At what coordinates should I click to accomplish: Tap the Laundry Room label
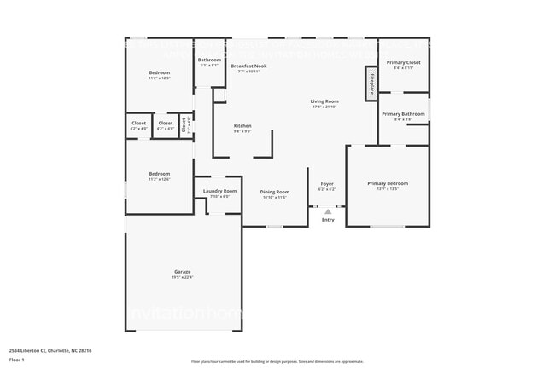(x=219, y=191)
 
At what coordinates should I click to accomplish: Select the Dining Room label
(x=275, y=192)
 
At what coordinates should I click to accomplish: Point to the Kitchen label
(x=242, y=126)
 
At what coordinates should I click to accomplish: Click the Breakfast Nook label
(x=248, y=66)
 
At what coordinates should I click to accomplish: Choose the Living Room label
(x=324, y=101)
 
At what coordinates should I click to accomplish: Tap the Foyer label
(x=327, y=183)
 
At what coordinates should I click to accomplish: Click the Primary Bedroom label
(x=388, y=183)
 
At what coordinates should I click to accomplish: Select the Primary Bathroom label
(x=403, y=114)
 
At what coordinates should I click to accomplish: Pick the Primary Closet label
(x=403, y=62)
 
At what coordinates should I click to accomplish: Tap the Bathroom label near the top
(x=210, y=60)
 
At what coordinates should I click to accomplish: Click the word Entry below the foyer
(x=328, y=220)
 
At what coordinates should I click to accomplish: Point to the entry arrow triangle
(x=328, y=210)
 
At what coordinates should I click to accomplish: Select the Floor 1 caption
(x=17, y=360)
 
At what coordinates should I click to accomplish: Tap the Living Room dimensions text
(x=324, y=107)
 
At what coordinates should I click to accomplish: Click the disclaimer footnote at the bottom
(x=277, y=361)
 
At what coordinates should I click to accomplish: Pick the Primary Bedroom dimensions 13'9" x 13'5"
(x=388, y=188)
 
